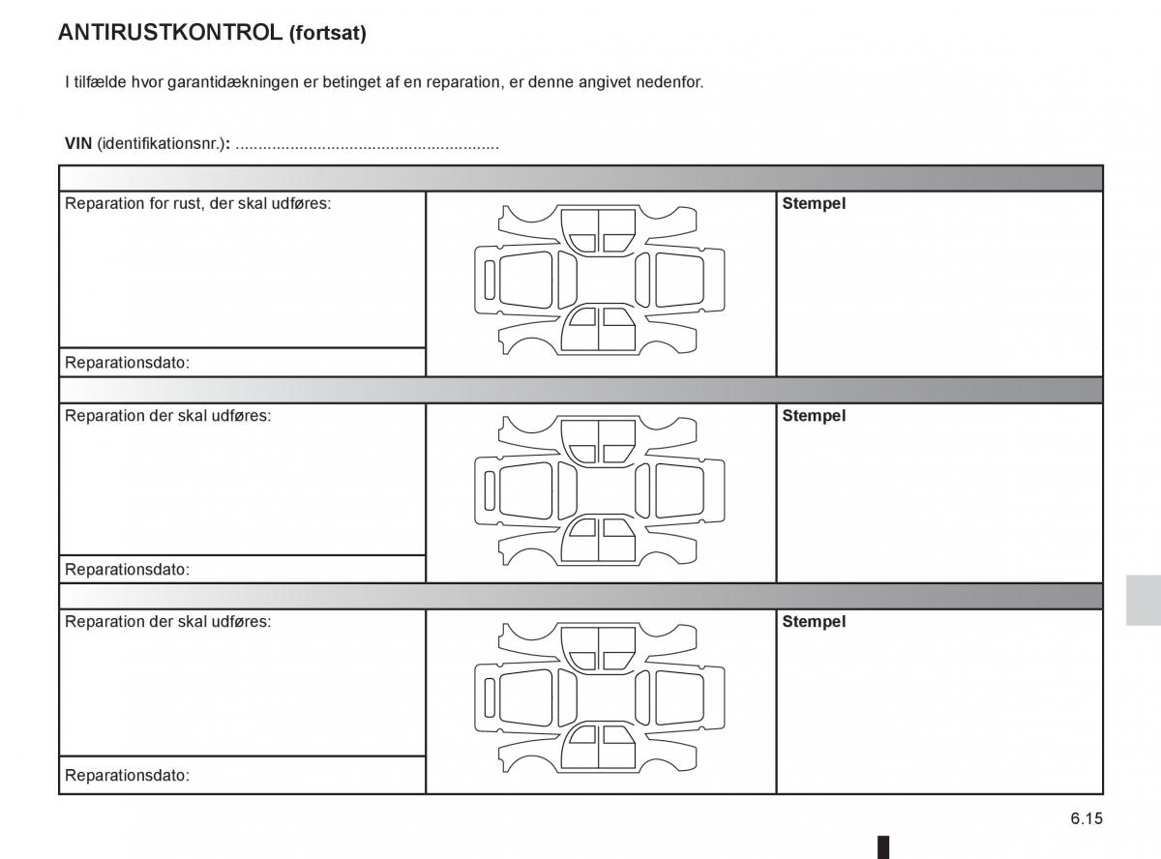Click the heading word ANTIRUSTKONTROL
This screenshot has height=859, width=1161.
click(170, 33)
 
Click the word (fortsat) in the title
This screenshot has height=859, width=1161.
click(327, 34)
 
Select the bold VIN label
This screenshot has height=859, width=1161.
click(78, 144)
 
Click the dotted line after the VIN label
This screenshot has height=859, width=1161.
click(367, 146)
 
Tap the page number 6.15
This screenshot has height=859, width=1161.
click(1086, 818)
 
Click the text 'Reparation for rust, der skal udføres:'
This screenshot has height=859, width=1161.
click(197, 204)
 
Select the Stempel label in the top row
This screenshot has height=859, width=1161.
click(814, 204)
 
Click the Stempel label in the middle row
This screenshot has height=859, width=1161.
click(814, 416)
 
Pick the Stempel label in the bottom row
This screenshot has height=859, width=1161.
click(814, 622)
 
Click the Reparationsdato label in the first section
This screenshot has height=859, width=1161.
click(127, 363)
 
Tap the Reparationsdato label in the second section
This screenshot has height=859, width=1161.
click(127, 569)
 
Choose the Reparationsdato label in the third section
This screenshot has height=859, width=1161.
click(127, 775)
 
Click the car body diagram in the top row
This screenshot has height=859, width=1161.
click(599, 280)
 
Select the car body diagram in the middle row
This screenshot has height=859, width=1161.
click(599, 490)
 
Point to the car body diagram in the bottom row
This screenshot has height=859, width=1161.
click(599, 696)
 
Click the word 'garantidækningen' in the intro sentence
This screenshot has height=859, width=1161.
click(233, 82)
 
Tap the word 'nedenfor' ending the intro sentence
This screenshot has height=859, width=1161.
click(673, 82)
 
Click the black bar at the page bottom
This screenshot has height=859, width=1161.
click(882, 847)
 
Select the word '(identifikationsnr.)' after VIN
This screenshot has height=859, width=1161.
click(160, 144)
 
